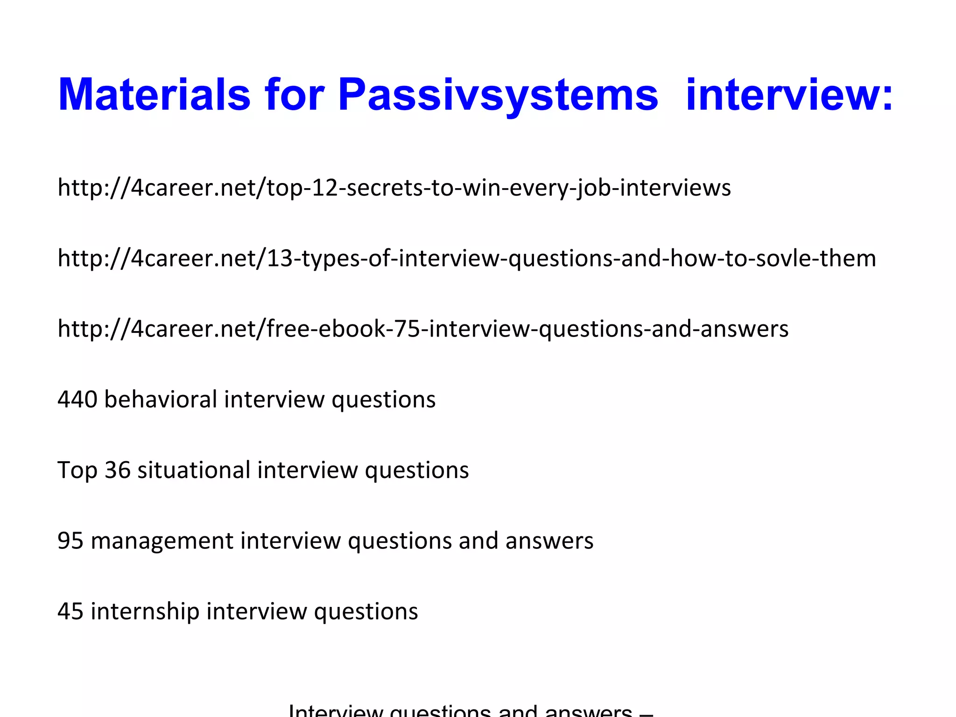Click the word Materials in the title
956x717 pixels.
pyautogui.click(x=155, y=95)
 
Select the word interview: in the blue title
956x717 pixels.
pyautogui.click(x=789, y=95)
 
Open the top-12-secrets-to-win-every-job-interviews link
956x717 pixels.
pyautogui.click(x=394, y=188)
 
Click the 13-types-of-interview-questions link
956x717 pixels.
pyautogui.click(x=467, y=258)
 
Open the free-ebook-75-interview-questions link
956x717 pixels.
pyautogui.click(x=423, y=329)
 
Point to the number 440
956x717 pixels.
pyautogui.click(x=77, y=400)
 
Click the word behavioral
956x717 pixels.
pyautogui.click(x=161, y=400)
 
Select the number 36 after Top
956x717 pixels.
pyautogui.click(x=117, y=470)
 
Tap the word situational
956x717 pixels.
pyautogui.click(x=194, y=470)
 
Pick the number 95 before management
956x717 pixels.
pyautogui.click(x=70, y=541)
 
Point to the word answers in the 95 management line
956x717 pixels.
pyautogui.click(x=549, y=541)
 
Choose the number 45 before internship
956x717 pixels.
pyautogui.click(x=70, y=612)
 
